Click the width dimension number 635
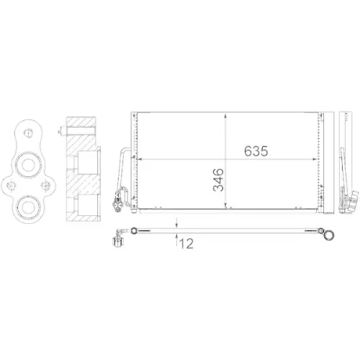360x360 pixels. (256, 152)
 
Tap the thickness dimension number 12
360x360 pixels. (186, 244)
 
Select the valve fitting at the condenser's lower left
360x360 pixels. (120, 196)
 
